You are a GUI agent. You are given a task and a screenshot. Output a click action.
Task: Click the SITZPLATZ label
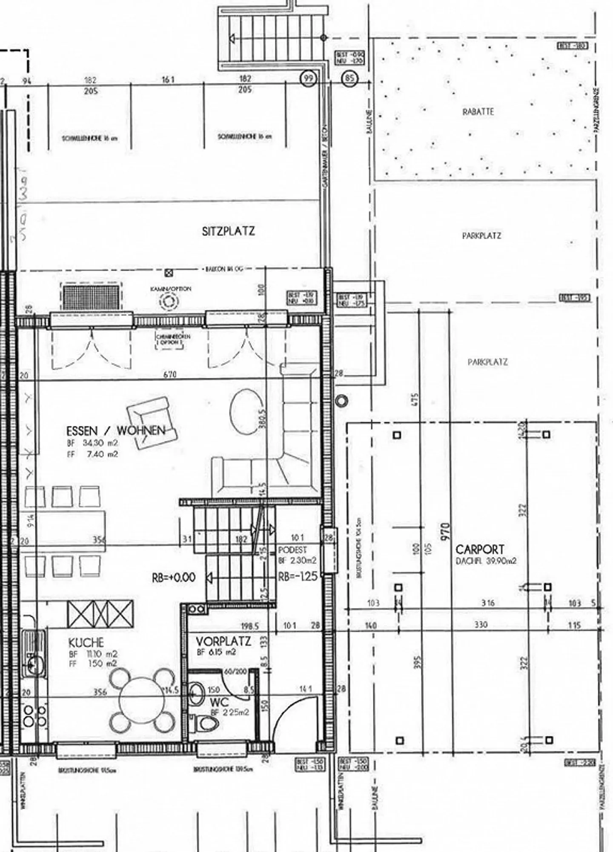228,231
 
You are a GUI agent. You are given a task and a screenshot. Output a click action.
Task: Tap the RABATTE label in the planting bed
478,112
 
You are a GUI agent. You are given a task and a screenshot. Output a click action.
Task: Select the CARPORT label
479,549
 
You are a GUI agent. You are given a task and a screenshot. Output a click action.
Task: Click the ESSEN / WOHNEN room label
115,430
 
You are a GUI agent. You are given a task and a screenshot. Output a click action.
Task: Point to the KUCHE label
86,642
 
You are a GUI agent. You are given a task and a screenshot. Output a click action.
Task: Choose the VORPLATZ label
223,641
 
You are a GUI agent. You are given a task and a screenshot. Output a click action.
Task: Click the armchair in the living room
152,421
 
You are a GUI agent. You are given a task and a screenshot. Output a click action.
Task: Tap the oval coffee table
247,411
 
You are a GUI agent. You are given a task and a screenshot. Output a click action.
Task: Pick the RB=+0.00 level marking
174,577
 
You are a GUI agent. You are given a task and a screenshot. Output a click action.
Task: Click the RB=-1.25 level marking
298,577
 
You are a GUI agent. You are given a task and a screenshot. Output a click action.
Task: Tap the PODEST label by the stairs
292,550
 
